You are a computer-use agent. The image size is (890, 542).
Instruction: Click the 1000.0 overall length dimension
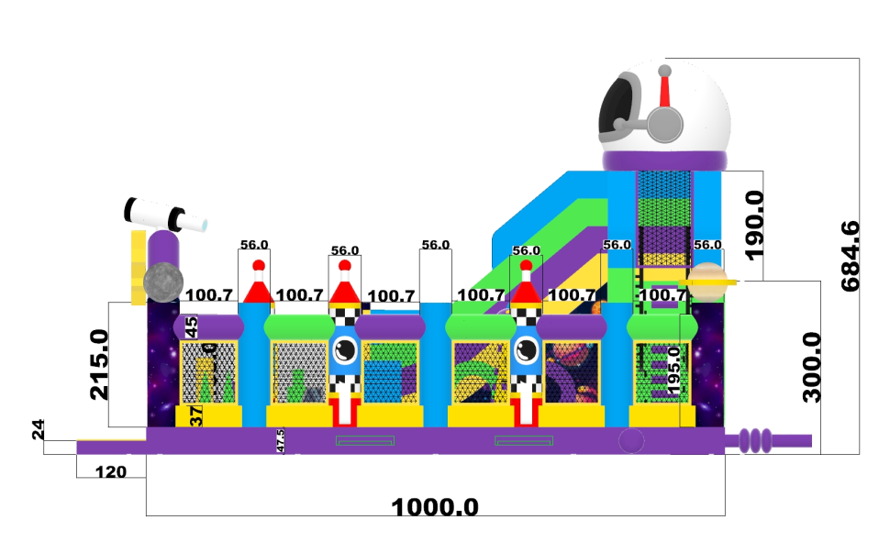point(435,506)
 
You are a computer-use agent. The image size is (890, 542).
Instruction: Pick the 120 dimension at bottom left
point(110,471)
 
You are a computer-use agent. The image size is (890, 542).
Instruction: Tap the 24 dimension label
point(39,430)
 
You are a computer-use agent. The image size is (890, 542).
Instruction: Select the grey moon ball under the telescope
point(163,281)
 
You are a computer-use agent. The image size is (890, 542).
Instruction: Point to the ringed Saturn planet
point(708,282)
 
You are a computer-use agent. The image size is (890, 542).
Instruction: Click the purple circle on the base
point(631,441)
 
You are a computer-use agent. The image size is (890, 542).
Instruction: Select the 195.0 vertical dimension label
point(675,372)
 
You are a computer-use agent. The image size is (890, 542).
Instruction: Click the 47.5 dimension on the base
point(281,440)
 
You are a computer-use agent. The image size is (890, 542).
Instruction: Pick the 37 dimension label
point(195,415)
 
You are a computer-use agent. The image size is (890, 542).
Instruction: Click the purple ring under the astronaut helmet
point(665,160)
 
